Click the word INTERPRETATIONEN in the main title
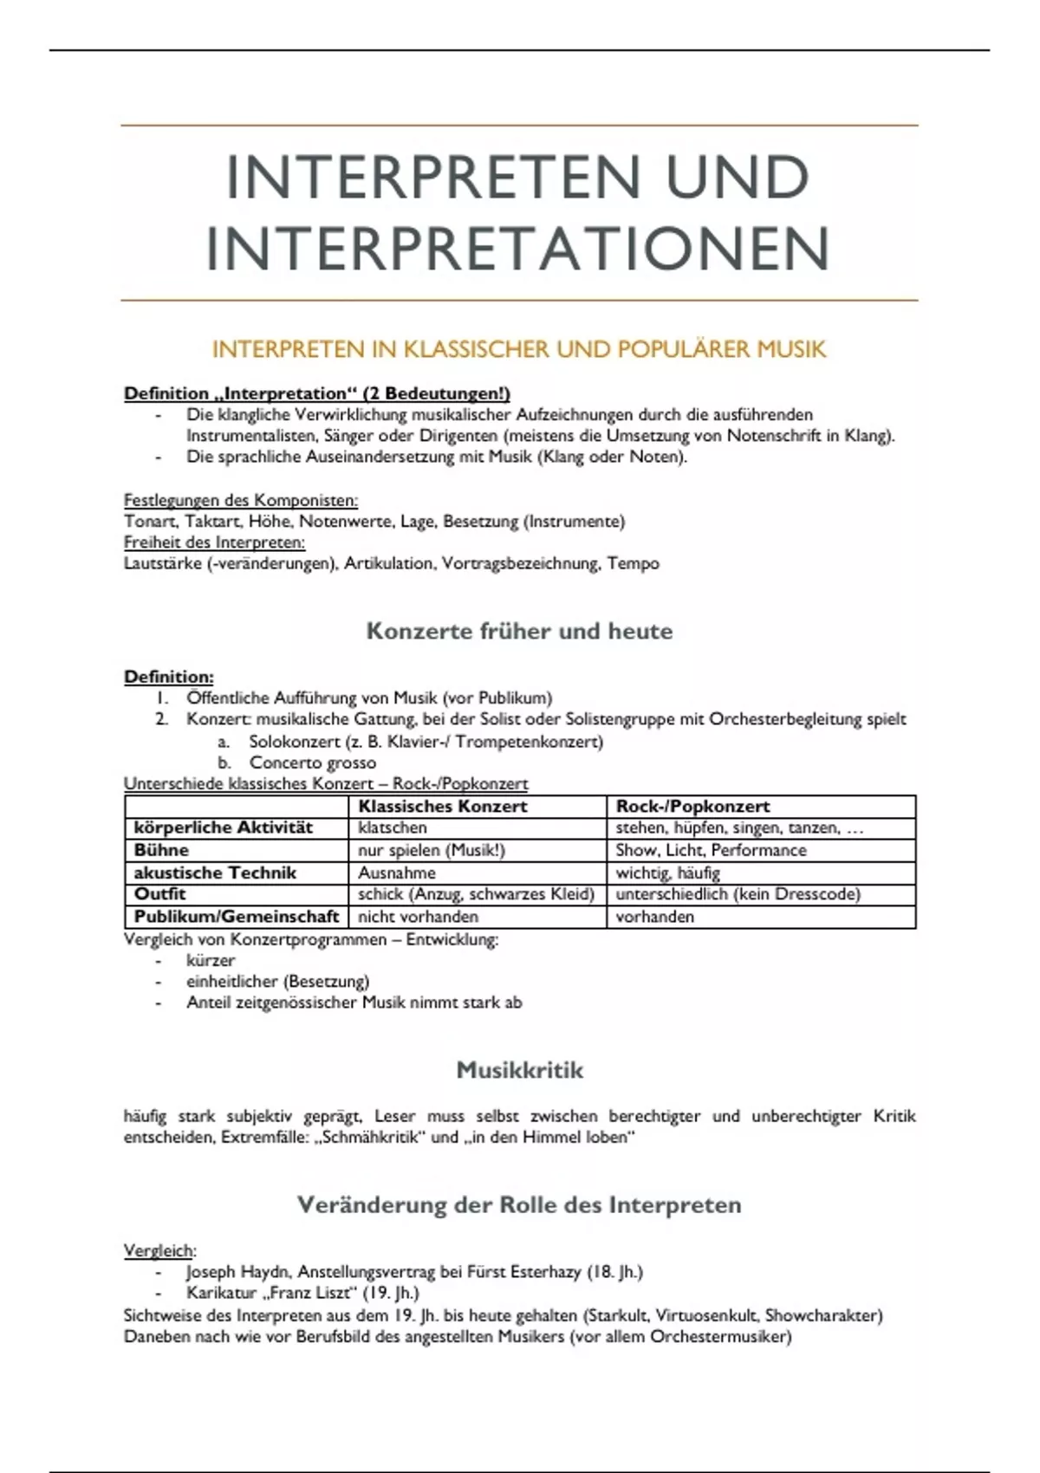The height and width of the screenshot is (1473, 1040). click(x=518, y=249)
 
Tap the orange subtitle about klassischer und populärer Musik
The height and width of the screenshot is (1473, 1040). click(x=518, y=349)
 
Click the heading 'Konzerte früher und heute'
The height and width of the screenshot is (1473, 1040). click(x=519, y=631)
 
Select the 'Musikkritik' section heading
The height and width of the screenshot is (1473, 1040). click(x=519, y=1070)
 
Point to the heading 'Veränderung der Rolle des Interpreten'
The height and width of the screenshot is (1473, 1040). click(x=518, y=1205)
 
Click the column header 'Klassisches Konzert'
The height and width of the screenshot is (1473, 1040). click(x=443, y=806)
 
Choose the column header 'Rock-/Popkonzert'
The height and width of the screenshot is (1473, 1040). click(x=692, y=806)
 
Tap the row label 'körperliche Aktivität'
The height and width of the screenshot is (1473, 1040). click(x=223, y=827)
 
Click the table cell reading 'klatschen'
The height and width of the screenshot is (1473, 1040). click(x=393, y=827)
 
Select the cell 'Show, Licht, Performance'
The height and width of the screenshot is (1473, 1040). click(x=711, y=850)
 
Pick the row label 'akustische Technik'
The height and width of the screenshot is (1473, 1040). click(x=215, y=873)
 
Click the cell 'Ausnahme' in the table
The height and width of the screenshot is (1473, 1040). click(x=397, y=873)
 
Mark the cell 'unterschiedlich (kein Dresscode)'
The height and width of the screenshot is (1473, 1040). click(x=738, y=894)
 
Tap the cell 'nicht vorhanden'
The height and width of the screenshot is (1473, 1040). click(x=418, y=917)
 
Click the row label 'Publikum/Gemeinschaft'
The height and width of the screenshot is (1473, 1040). click(x=237, y=917)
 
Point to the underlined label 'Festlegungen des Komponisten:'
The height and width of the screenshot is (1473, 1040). click(x=241, y=500)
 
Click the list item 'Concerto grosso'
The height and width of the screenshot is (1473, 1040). click(x=312, y=762)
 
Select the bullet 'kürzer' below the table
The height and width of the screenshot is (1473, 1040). click(x=211, y=960)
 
